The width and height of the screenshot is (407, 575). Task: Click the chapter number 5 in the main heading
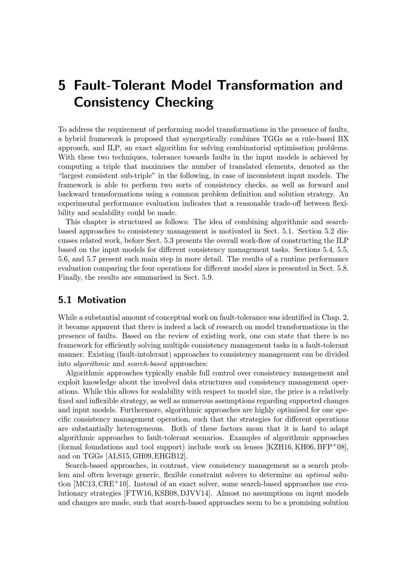click(62, 86)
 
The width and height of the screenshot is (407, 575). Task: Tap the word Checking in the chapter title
click(184, 102)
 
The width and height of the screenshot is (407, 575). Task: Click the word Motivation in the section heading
click(102, 300)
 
